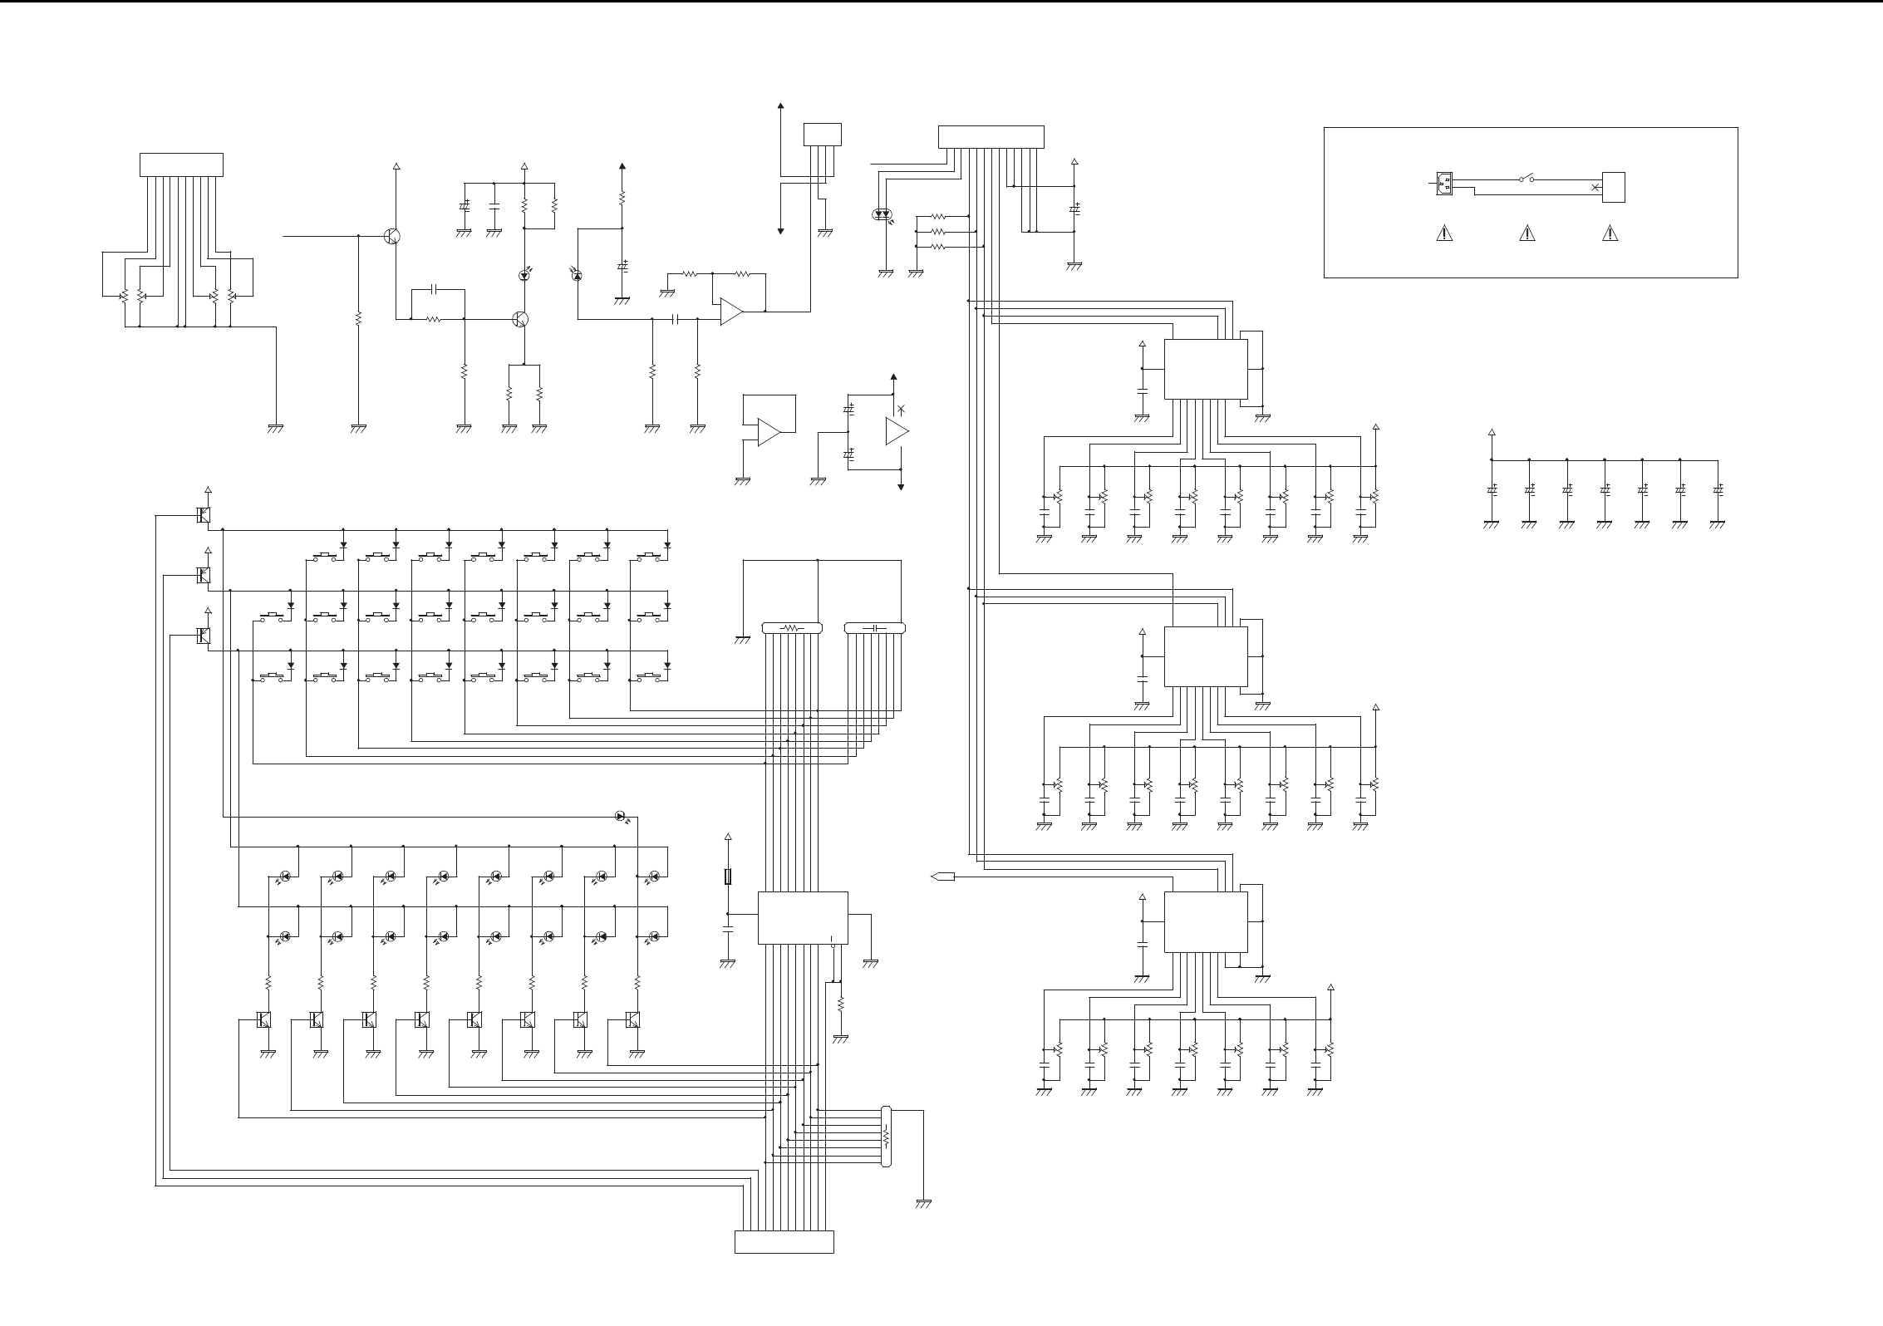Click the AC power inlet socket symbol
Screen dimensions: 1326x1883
[1445, 183]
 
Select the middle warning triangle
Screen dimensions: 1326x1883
[1527, 233]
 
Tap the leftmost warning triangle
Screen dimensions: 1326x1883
[1444, 233]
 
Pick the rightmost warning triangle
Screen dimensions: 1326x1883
[1610, 233]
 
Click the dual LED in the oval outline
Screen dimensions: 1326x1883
[882, 214]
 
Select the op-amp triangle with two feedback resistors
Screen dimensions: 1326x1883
[730, 312]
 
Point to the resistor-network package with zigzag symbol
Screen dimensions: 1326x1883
[791, 628]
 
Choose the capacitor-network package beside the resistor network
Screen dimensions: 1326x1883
[874, 628]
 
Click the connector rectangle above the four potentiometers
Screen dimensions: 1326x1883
[181, 165]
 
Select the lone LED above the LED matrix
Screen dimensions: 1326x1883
[620, 816]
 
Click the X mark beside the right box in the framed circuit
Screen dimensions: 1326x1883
[1594, 188]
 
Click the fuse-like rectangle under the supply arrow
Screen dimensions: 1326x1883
[728, 877]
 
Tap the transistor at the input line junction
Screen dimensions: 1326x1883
[392, 236]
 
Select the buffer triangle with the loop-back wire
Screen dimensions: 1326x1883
[768, 432]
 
